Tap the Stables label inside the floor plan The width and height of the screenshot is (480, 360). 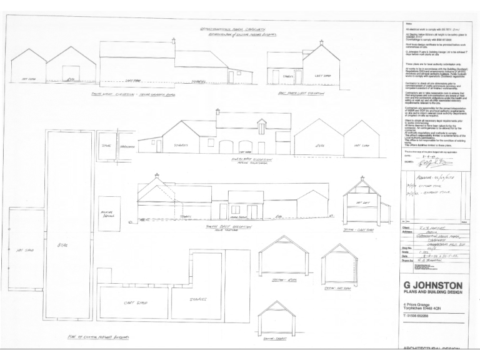(x=199, y=299)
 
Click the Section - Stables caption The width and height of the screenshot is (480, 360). (x=276, y=338)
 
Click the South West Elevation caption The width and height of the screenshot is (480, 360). (x=126, y=94)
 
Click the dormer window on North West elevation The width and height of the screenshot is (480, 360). (x=261, y=126)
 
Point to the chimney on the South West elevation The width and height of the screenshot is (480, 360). (x=174, y=41)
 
